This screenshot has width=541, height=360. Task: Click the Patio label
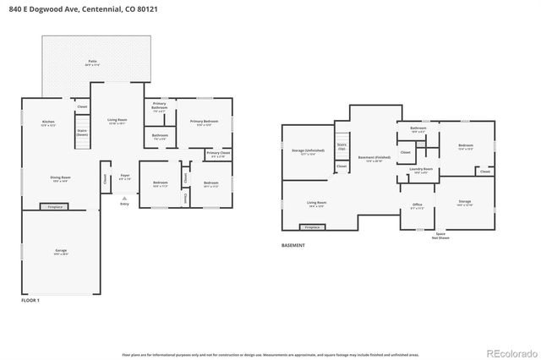(x=92, y=63)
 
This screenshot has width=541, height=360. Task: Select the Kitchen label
(x=48, y=123)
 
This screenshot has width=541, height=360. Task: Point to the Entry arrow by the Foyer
(x=125, y=199)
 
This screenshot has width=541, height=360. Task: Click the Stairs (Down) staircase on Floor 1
(x=82, y=134)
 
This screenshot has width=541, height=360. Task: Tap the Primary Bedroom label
(x=204, y=123)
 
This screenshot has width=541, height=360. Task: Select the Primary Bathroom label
(x=159, y=106)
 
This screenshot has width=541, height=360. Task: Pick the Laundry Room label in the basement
(x=421, y=171)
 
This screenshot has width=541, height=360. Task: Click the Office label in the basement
(x=418, y=205)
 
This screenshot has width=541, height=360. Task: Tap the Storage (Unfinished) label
(x=303, y=153)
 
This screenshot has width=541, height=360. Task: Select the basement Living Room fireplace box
(x=313, y=226)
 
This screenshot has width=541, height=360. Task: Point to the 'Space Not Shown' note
(x=440, y=236)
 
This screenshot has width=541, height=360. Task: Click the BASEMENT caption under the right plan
(x=293, y=246)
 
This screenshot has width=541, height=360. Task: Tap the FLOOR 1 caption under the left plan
(x=30, y=300)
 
